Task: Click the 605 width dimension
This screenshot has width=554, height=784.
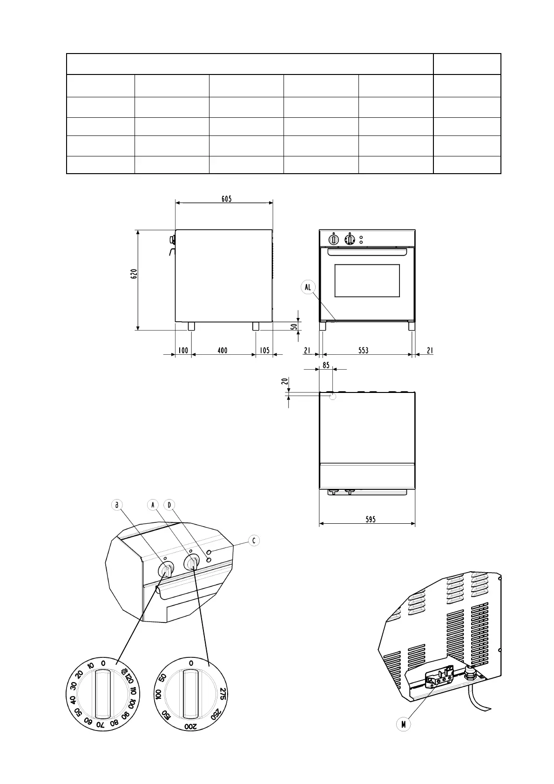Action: [226, 199]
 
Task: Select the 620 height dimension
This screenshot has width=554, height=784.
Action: [134, 274]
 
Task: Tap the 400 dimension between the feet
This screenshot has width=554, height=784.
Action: [223, 351]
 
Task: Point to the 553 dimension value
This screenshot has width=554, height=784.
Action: [363, 351]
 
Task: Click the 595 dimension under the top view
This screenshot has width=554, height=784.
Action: [371, 520]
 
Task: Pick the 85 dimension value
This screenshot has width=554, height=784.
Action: [326, 365]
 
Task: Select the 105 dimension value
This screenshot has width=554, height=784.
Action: [264, 351]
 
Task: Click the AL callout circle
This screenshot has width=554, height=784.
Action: [308, 287]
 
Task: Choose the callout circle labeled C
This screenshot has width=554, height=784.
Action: [254, 541]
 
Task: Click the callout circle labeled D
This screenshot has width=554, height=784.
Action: [169, 505]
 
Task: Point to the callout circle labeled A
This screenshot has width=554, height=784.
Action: [153, 505]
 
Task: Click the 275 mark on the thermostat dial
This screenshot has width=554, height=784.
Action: [223, 693]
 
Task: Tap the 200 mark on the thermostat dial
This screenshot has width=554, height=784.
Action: [191, 727]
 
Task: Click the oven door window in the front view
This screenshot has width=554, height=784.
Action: [367, 281]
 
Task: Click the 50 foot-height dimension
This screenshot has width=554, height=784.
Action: [294, 326]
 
